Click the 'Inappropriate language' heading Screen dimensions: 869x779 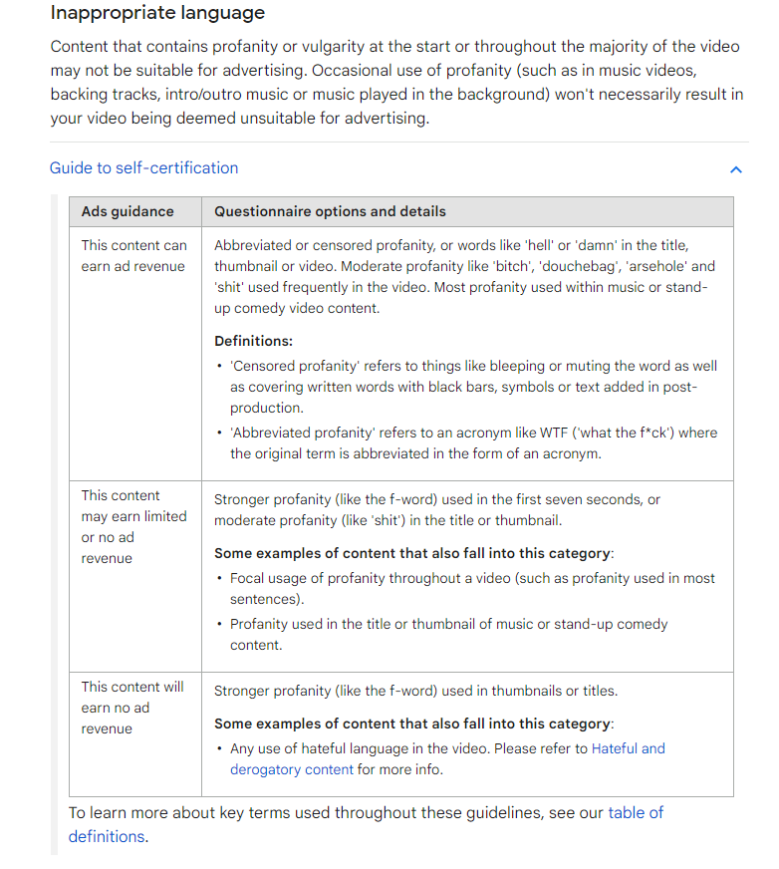[x=157, y=14]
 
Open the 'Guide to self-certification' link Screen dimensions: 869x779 [x=143, y=167]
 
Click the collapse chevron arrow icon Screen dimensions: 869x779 [x=736, y=169]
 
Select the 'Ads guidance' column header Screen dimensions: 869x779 [x=128, y=211]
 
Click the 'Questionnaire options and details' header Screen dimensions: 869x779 [x=330, y=211]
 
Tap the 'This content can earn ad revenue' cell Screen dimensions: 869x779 [x=133, y=255]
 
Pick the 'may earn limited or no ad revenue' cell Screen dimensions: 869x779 [x=133, y=526]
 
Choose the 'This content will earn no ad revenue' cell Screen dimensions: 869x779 [x=132, y=708]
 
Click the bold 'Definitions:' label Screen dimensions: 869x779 [x=253, y=341]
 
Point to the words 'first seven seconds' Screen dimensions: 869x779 [x=569, y=499]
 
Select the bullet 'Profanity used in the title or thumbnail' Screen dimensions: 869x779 [x=448, y=634]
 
